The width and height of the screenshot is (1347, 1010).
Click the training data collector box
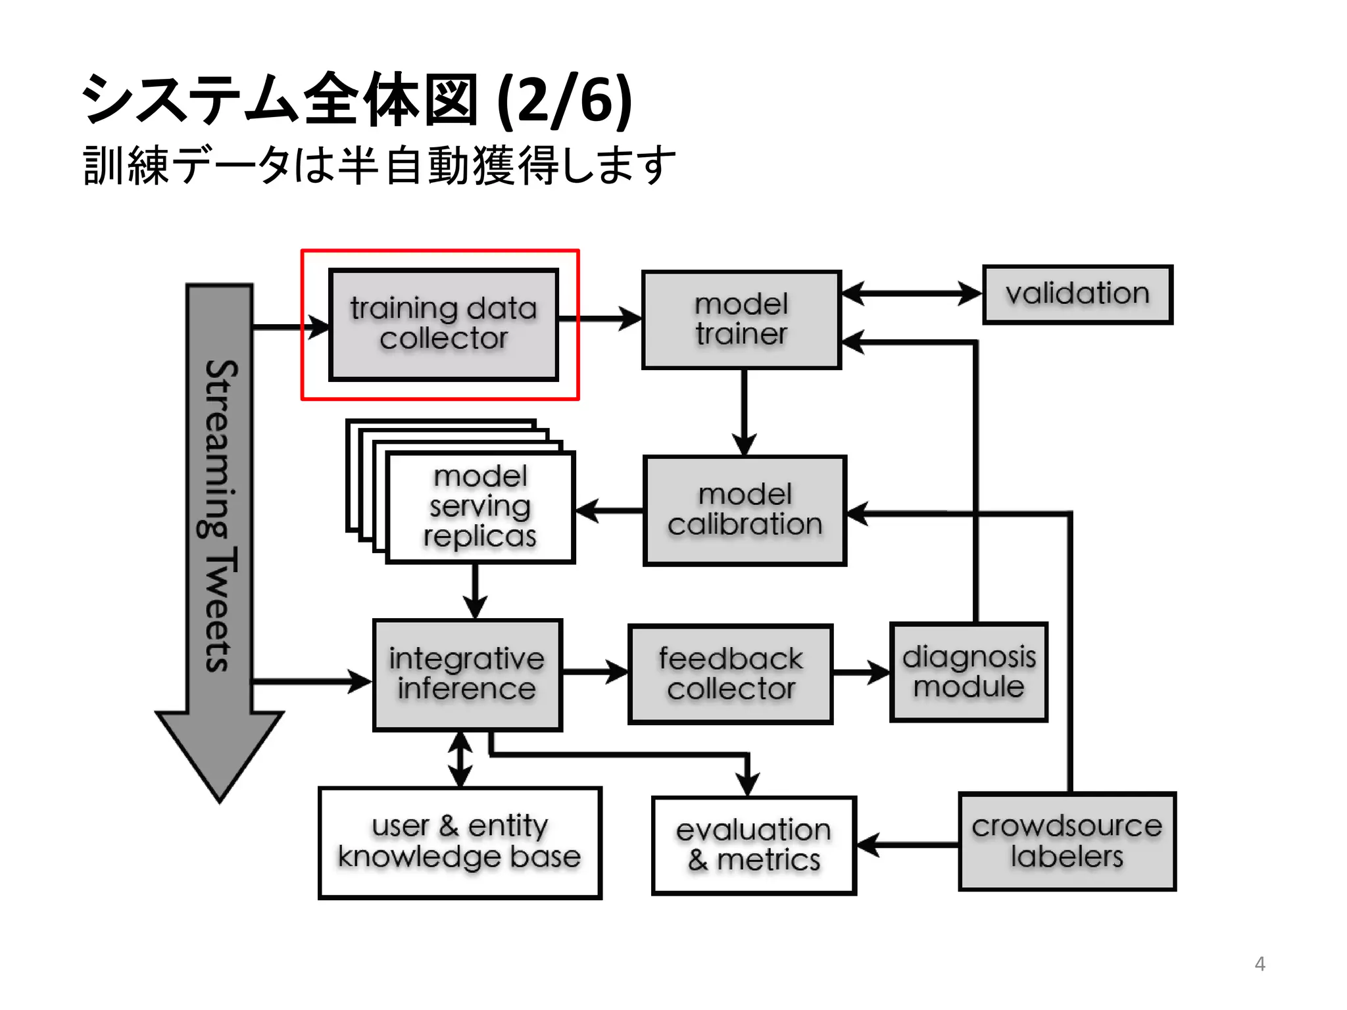[443, 324]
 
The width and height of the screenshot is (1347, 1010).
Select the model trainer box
[741, 320]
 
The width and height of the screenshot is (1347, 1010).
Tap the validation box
[1077, 294]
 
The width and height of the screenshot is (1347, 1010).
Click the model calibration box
[745, 510]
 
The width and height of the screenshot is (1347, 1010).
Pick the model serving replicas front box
[480, 507]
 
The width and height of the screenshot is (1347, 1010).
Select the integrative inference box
[467, 675]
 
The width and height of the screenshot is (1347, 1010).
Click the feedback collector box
[730, 675]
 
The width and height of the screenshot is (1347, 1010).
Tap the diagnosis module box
[968, 672]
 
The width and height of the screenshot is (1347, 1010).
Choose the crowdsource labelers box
[1067, 842]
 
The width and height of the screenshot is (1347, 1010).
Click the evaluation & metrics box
[754, 846]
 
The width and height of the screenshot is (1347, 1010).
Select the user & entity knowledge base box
[460, 842]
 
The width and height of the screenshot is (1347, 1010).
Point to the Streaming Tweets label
[219, 516]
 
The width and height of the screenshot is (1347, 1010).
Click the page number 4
[1260, 964]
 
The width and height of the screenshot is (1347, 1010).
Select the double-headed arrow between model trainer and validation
[912, 293]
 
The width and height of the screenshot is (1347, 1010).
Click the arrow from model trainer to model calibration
[744, 412]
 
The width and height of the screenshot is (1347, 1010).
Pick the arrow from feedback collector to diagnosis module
[861, 672]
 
